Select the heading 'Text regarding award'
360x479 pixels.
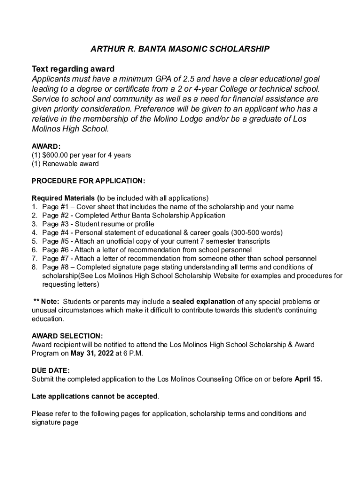click(73, 69)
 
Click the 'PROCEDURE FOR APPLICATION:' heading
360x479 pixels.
click(88, 181)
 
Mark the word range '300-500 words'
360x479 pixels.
click(259, 232)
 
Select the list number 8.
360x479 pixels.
click(34, 267)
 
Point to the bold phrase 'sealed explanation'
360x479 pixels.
click(203, 302)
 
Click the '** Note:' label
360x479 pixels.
click(46, 302)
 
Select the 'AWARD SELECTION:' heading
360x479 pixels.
click(67, 336)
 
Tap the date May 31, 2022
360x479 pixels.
click(93, 353)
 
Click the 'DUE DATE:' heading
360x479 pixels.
click(50, 370)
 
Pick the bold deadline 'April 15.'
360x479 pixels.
click(308, 379)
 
